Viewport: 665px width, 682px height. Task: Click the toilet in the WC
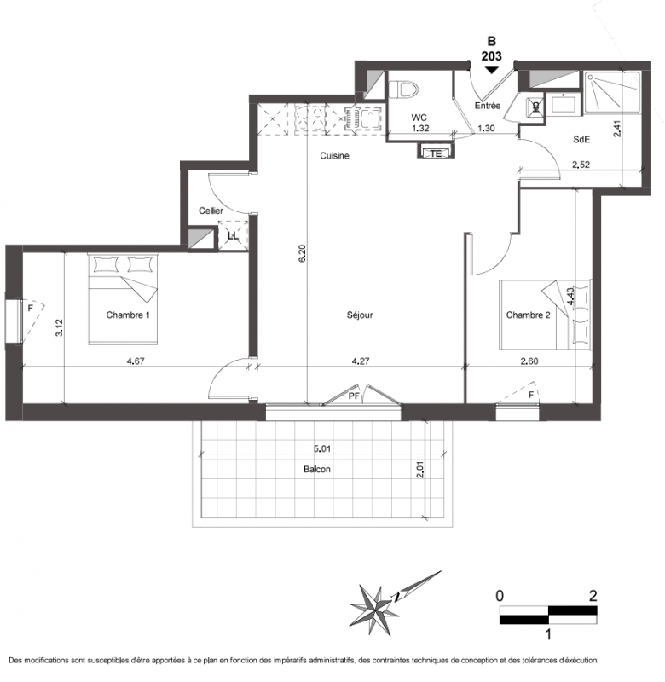(403, 90)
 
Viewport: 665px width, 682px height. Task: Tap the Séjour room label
(360, 315)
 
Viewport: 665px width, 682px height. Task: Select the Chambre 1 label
(128, 315)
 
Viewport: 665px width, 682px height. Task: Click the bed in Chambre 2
(546, 315)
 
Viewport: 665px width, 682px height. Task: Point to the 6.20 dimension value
(303, 252)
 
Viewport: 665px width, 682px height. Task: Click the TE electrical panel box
(437, 153)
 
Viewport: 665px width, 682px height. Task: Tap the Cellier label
(211, 211)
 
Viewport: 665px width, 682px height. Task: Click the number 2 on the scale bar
(593, 595)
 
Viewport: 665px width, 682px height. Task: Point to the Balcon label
(317, 470)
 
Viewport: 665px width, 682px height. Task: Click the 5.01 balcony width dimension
(322, 448)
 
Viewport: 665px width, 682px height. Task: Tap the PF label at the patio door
(354, 396)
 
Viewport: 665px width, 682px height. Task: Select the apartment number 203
(491, 56)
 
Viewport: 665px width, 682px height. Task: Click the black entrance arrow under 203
(491, 70)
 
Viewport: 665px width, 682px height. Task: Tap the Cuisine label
(334, 156)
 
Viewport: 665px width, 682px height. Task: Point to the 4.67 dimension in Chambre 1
(136, 361)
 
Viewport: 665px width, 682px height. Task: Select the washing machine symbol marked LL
(233, 236)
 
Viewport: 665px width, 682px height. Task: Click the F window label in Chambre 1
(31, 308)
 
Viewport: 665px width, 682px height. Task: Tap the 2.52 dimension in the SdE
(581, 165)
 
